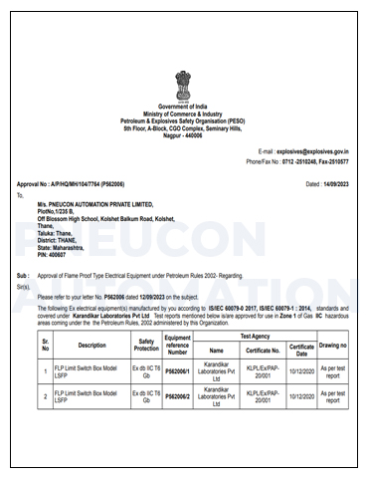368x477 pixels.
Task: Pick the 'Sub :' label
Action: click(23, 271)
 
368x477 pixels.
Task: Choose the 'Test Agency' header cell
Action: click(253, 337)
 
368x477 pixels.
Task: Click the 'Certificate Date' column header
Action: click(302, 350)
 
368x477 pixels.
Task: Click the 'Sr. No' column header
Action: click(45, 345)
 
